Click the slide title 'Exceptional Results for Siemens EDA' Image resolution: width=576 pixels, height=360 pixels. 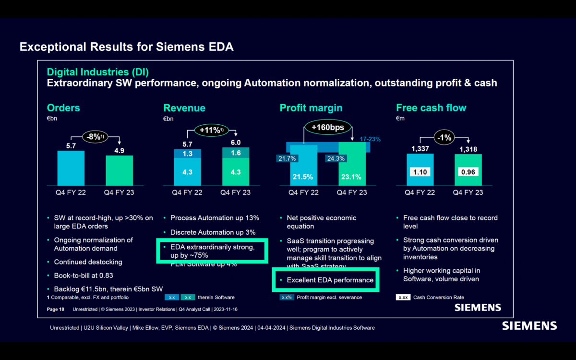pos(126,47)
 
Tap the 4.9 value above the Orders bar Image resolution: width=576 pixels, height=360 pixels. pos(119,150)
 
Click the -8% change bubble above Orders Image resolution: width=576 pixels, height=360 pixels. pos(94,137)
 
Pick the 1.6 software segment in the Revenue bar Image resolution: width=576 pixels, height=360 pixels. pos(236,153)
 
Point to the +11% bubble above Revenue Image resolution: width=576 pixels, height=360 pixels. pos(211,130)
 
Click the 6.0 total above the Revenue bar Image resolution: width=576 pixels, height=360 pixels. pos(235,143)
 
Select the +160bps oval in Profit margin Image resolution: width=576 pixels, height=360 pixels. pos(327,128)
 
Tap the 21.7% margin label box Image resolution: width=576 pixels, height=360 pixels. pos(287,158)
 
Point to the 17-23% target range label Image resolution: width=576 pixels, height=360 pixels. pos(370,139)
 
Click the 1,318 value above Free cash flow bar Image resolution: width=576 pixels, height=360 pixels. pos(468,149)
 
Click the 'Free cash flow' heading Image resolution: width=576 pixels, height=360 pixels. pos(431,108)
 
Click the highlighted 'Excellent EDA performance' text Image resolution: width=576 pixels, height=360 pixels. pos(330,280)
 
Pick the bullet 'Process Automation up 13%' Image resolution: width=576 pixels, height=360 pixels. pos(215,218)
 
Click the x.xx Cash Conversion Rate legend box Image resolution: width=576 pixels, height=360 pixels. pos(403,297)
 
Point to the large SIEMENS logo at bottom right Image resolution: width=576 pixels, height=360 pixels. pos(529,326)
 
